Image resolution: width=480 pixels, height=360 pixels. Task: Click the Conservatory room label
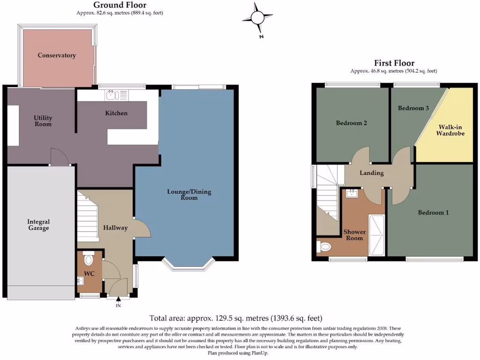pos(57,55)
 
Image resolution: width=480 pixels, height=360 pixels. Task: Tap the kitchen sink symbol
pos(112,96)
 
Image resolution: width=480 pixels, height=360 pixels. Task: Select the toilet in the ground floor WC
pos(88,259)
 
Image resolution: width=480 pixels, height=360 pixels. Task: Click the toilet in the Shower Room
pos(323,246)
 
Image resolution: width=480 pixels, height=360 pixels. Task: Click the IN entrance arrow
pos(118,300)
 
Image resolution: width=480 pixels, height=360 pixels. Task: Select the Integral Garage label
pos(38,225)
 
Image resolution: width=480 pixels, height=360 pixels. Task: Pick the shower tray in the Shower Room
pos(376,235)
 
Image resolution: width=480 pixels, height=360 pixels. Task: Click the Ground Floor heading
pos(120,5)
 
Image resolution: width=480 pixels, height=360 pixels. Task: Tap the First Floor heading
pos(394,63)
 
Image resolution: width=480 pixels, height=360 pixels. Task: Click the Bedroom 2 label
pos(351,123)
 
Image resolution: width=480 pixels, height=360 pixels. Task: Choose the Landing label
pos(371,173)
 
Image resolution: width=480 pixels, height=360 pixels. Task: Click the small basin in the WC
pos(81,281)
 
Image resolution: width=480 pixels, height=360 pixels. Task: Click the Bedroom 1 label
pos(433,212)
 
